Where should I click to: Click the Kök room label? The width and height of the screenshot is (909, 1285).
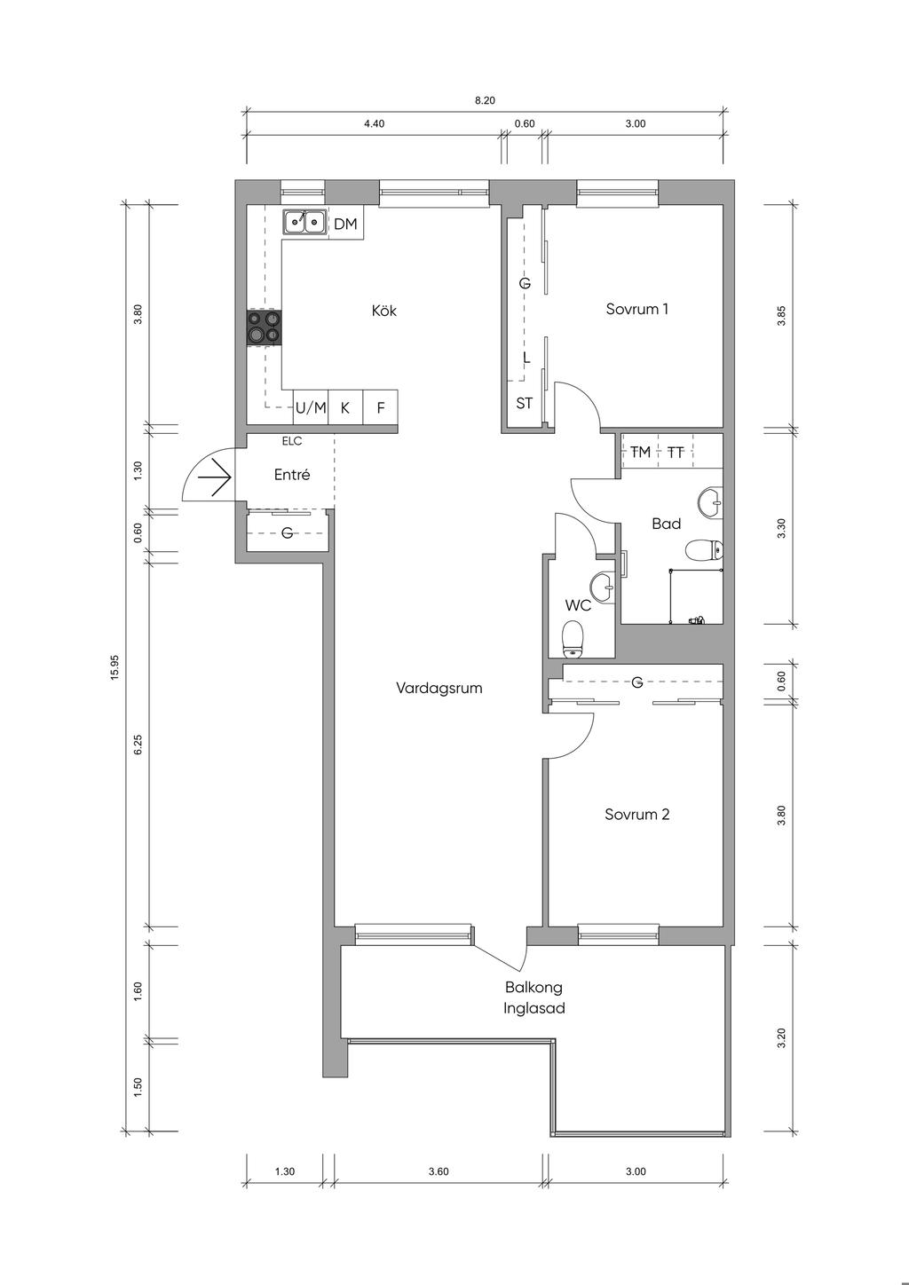[383, 311]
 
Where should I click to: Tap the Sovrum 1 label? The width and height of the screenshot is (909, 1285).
[637, 309]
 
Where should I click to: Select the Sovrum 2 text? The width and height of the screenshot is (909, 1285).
[637, 814]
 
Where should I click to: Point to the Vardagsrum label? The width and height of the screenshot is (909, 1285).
[439, 688]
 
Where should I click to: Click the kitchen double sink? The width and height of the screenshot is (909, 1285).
[304, 222]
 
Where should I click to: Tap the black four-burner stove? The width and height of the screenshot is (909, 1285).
[265, 327]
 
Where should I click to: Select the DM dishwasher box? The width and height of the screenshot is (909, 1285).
[345, 225]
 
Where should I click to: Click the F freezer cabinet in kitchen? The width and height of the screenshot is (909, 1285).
[381, 408]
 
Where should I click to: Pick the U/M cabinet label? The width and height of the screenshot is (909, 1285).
[311, 408]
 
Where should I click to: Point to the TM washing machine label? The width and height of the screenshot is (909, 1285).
[640, 452]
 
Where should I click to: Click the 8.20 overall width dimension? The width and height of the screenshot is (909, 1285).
[485, 100]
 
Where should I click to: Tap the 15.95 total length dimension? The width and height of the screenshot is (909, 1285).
[115, 667]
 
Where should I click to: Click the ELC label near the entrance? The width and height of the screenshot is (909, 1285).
[291, 441]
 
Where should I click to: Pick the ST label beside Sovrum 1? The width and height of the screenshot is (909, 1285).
[524, 403]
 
